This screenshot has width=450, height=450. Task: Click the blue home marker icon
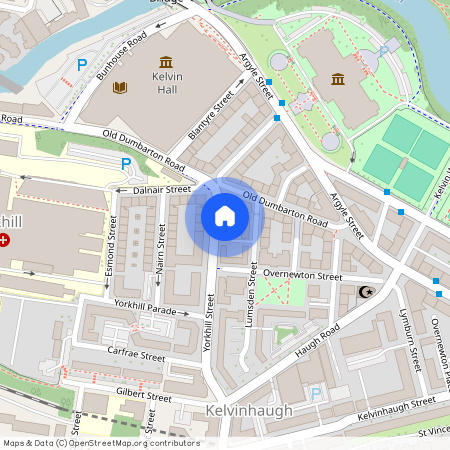coord(225,216)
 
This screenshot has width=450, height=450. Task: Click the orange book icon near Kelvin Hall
coord(121,88)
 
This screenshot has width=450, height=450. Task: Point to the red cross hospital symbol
coord(5,240)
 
